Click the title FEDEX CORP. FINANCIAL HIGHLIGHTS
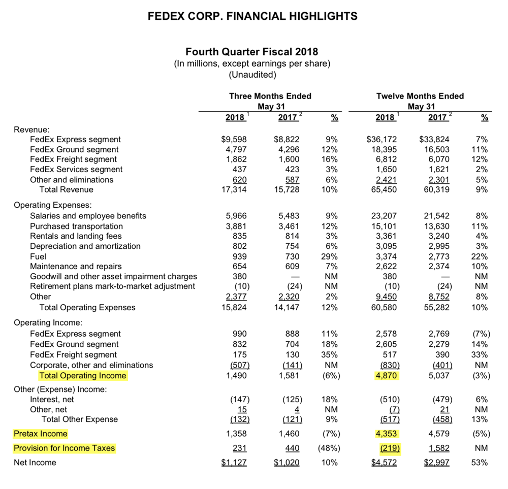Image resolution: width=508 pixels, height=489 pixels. click(x=252, y=16)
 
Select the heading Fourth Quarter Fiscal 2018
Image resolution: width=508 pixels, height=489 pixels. click(x=252, y=52)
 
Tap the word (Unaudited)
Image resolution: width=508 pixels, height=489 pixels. click(x=252, y=75)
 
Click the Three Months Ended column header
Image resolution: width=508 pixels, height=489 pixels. click(x=270, y=96)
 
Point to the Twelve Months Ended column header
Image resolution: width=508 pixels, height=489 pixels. click(x=420, y=96)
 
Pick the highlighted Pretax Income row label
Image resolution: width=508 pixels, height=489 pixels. click(x=41, y=434)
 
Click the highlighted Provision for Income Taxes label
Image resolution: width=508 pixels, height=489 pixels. click(x=65, y=448)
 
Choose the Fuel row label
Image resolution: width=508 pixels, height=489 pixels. click(x=39, y=256)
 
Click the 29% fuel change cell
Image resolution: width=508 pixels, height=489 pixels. click(x=330, y=256)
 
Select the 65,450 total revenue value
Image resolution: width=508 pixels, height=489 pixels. click(x=384, y=189)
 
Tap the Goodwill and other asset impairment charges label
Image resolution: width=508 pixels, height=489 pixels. click(x=113, y=277)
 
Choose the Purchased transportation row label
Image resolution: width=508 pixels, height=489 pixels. click(x=76, y=226)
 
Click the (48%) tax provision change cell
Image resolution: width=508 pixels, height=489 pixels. click(x=329, y=448)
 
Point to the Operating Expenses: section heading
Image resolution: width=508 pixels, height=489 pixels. click(x=53, y=205)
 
